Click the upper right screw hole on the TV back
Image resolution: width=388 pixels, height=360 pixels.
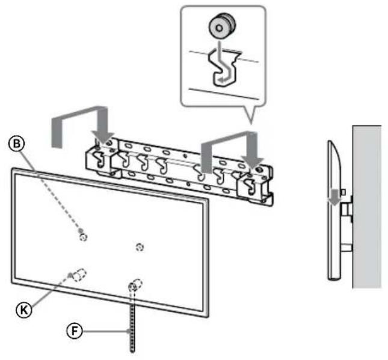140,246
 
